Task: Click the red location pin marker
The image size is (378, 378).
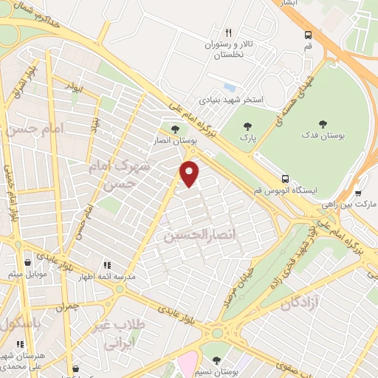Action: point(190,173)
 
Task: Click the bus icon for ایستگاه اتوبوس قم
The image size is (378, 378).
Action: point(285,178)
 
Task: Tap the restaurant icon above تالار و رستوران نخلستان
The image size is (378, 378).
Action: point(228,33)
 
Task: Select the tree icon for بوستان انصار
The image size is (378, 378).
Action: point(175,131)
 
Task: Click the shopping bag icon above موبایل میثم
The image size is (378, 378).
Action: point(27,262)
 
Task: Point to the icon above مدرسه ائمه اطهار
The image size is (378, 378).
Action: point(106,264)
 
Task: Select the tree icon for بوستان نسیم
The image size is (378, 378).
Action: point(216,360)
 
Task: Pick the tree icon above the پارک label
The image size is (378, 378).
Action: point(247,126)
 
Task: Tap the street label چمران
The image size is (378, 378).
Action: point(68,305)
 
